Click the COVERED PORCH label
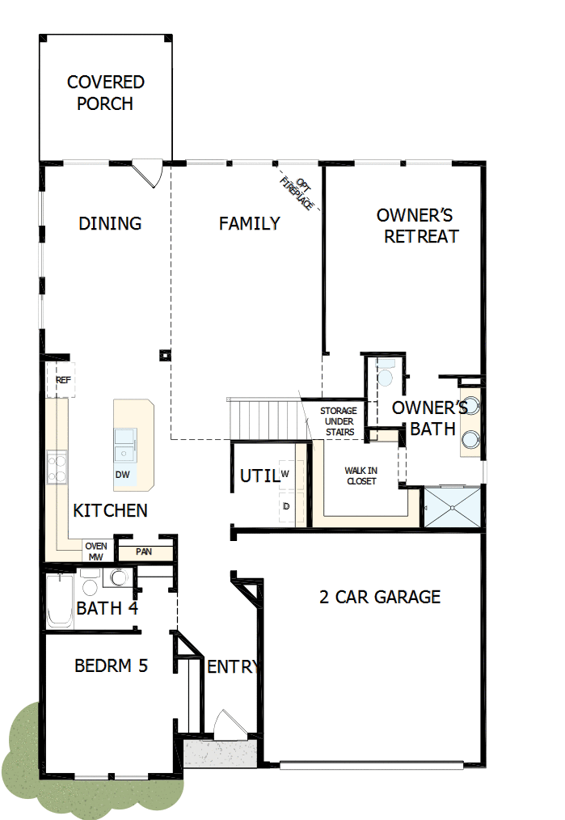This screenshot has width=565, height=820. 106,93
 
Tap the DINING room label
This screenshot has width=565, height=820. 110,224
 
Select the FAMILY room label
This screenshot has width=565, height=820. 250,224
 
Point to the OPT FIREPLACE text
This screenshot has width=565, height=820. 297,192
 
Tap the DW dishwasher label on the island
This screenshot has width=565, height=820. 123,475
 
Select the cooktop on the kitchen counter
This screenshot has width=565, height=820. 57,467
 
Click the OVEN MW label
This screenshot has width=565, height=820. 96,552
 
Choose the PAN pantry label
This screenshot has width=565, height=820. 144,552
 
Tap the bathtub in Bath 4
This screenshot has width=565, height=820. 59,599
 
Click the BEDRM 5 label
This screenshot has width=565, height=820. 111,666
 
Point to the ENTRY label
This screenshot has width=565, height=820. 233,667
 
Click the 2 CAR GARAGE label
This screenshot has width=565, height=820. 380,598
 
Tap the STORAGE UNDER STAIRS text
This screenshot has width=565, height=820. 338,421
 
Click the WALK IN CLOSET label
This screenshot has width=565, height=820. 361,476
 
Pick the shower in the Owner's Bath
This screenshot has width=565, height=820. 453,507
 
